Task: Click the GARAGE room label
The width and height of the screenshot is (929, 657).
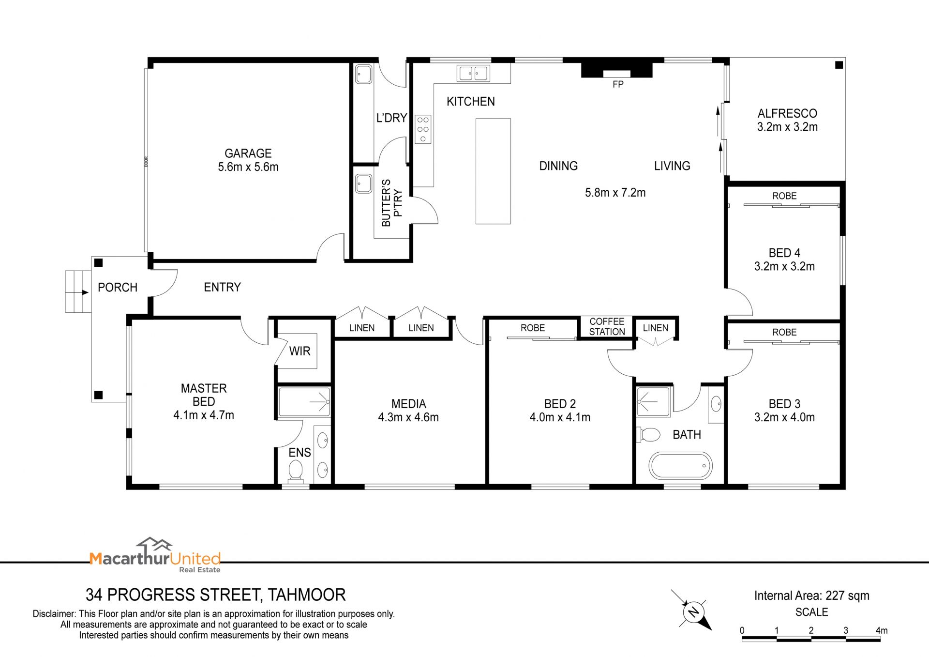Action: [248, 153]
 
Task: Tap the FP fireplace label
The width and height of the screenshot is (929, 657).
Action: [618, 84]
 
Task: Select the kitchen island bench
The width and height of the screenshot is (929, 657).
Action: [493, 171]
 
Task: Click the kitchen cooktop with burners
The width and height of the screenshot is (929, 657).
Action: [423, 129]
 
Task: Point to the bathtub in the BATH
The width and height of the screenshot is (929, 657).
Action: [680, 466]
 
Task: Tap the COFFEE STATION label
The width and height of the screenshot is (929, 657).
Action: [607, 327]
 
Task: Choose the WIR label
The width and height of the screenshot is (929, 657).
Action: [300, 351]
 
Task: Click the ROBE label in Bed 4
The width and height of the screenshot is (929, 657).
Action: [784, 196]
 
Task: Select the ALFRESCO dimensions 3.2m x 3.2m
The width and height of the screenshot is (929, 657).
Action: [787, 127]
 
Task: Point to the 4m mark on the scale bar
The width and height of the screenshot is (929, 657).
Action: [882, 630]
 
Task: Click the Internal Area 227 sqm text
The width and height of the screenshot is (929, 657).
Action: [811, 596]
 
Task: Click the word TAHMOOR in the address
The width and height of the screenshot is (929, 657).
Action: [307, 595]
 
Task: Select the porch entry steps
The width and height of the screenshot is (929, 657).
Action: [78, 291]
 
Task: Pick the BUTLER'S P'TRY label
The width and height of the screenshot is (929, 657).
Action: [391, 203]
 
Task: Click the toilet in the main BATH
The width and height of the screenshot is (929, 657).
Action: [648, 434]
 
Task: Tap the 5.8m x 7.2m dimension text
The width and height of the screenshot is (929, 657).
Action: [615, 193]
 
